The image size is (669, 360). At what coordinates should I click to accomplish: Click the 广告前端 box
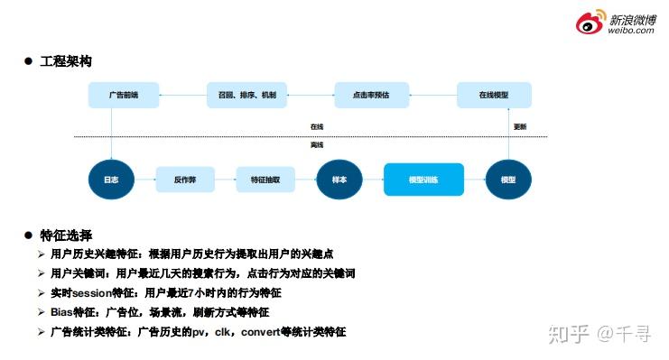(x=123, y=95)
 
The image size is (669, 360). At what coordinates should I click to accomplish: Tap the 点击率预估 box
(x=370, y=95)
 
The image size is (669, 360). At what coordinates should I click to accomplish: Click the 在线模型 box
(x=494, y=95)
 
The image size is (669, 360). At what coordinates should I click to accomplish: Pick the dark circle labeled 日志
(x=110, y=180)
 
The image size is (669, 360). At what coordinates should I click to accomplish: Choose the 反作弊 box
(x=185, y=180)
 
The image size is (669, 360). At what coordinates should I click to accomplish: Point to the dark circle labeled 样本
(x=339, y=180)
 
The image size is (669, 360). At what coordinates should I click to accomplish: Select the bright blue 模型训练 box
(x=423, y=180)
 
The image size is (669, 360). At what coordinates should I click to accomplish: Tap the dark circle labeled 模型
(x=507, y=180)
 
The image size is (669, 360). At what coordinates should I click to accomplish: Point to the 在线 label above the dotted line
(x=316, y=127)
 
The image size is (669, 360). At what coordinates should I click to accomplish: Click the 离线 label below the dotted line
(x=316, y=144)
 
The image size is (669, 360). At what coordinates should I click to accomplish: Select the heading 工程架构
(x=66, y=61)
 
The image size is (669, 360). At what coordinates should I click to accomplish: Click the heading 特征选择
(x=66, y=235)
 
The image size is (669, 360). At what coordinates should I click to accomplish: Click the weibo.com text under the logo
(x=631, y=30)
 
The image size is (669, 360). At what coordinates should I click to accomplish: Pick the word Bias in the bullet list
(x=63, y=312)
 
